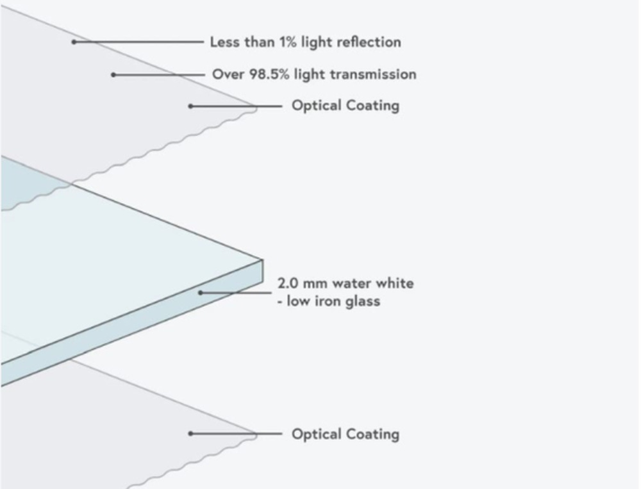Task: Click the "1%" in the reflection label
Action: (286, 42)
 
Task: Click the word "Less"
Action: (224, 42)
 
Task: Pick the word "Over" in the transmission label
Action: (228, 74)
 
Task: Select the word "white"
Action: (396, 283)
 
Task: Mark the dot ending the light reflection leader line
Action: (74, 42)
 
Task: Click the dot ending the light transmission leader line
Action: (113, 75)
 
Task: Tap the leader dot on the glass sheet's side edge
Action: (201, 293)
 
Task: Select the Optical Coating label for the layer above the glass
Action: (345, 105)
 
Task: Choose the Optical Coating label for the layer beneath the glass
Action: (345, 434)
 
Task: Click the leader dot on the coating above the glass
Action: (190, 106)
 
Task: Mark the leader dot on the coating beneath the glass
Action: (190, 434)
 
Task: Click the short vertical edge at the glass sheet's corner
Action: (263, 270)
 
